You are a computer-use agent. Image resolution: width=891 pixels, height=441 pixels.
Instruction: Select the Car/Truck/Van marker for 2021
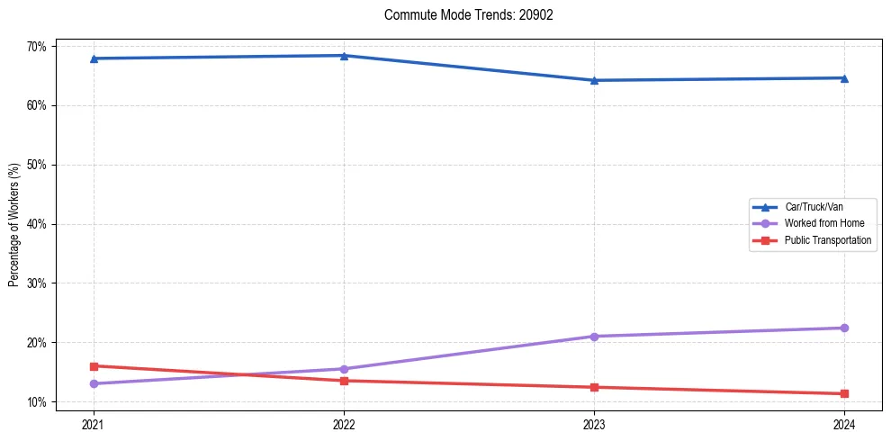(x=94, y=58)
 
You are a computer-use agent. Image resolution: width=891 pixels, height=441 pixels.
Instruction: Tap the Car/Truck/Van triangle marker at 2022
(x=344, y=56)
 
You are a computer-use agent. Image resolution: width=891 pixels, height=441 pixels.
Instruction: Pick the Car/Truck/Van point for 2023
(x=594, y=80)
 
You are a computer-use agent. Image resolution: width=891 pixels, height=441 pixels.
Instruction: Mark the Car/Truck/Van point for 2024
(x=844, y=78)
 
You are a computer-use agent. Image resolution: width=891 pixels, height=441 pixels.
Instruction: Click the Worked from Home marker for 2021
(x=94, y=383)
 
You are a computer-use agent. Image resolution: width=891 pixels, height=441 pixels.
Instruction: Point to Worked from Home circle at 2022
(x=344, y=369)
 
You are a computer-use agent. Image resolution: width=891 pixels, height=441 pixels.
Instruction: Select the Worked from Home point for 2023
(x=594, y=337)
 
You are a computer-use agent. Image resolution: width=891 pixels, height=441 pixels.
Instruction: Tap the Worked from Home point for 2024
(x=844, y=328)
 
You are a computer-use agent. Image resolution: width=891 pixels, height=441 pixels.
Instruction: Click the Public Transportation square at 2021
(x=94, y=366)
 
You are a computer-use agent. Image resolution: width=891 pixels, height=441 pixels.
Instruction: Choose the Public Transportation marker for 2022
(x=344, y=381)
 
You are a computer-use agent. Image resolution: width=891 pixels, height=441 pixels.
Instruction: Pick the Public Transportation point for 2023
(x=594, y=387)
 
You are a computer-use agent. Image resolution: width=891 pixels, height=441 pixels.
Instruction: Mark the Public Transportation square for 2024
(x=844, y=393)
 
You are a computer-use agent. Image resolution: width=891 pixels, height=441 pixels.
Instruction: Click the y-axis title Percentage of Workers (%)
(x=14, y=224)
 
